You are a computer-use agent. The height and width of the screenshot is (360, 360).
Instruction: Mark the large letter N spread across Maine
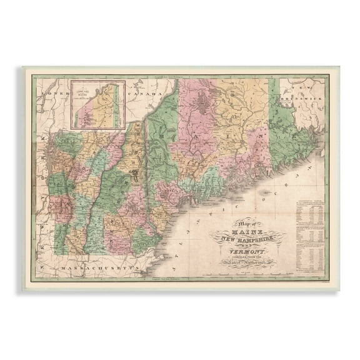click(254, 132)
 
